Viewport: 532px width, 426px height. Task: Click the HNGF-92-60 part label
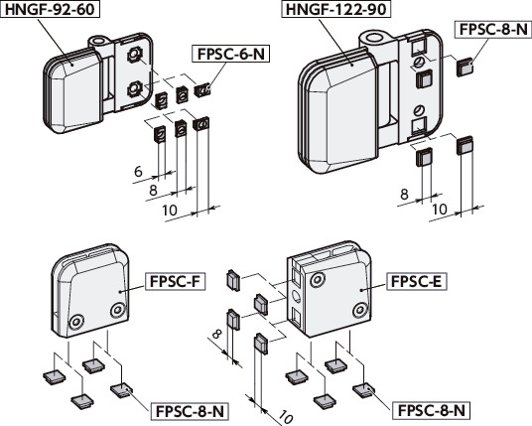(51, 11)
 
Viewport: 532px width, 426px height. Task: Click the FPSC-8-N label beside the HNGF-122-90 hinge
(493, 29)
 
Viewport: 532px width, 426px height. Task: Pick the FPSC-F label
(175, 281)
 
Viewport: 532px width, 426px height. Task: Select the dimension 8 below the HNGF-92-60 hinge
(153, 189)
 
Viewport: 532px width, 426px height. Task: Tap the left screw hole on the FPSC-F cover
(77, 321)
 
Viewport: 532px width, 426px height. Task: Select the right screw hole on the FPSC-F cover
(118, 310)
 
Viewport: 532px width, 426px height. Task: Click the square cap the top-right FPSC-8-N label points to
(464, 68)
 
